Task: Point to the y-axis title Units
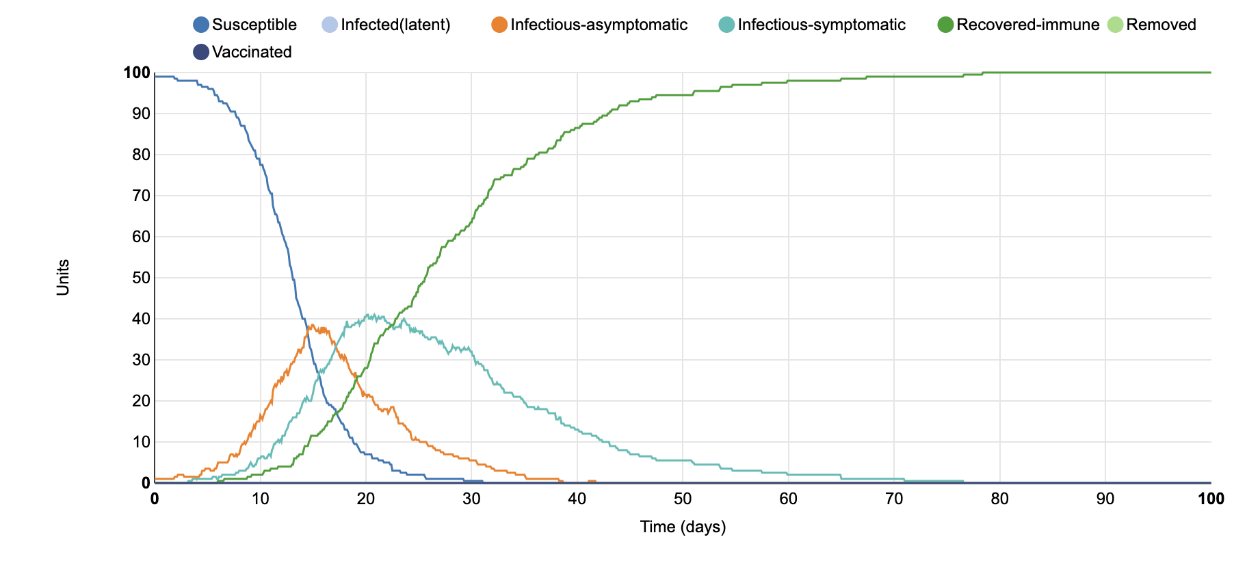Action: tap(63, 277)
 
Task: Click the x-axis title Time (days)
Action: tap(683, 527)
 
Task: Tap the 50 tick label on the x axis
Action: tap(683, 499)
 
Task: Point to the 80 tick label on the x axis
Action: tap(999, 499)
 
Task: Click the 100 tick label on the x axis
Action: tap(1210, 499)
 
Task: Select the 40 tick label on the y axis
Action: tap(141, 319)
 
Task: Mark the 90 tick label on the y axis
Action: tap(141, 114)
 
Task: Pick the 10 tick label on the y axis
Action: tap(141, 442)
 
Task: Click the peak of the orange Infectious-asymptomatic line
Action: tap(312, 326)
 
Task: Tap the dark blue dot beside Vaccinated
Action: tap(201, 53)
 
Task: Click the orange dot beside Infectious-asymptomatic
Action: tap(499, 25)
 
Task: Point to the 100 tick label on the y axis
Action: tap(137, 73)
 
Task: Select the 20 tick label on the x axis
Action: tap(366, 499)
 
